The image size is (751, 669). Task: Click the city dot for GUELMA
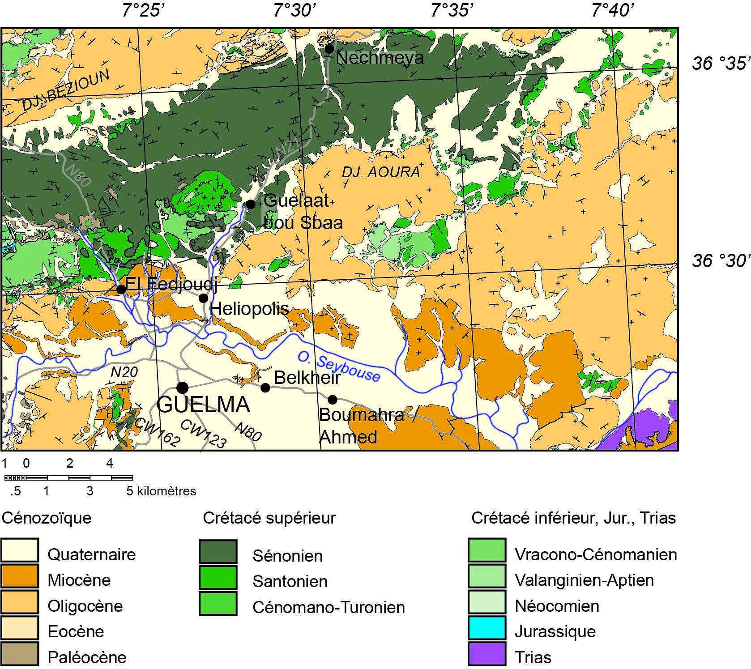coord(182,387)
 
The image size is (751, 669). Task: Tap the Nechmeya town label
coord(379,58)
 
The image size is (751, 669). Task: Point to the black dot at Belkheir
coord(265,388)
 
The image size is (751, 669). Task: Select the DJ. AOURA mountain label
coord(381,172)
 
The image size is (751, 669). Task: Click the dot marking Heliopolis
coord(204,298)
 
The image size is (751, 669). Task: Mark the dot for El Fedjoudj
coord(121,289)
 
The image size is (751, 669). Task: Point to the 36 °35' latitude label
coord(720,64)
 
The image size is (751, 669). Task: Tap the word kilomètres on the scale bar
coord(167,491)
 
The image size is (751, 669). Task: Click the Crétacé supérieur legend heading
coord(269,518)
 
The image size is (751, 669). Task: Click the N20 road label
coord(124,372)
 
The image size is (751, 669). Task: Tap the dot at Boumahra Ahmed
coord(332,399)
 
